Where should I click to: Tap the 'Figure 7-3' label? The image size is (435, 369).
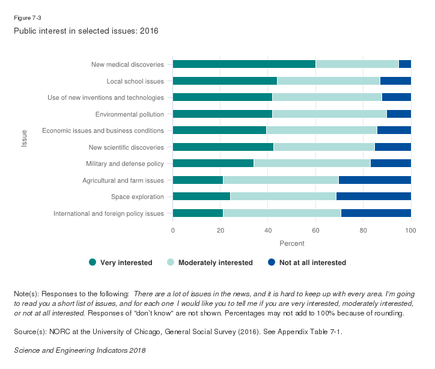tap(27, 17)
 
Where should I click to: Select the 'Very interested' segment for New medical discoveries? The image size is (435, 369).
tap(244, 64)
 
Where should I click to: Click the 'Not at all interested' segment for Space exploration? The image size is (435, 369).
tap(373, 197)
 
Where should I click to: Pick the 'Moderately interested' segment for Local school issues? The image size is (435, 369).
tap(329, 81)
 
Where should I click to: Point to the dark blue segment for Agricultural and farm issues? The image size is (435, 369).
tap(375, 180)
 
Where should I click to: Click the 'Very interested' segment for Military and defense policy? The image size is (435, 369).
tap(213, 163)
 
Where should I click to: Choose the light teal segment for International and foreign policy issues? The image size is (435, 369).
tap(282, 213)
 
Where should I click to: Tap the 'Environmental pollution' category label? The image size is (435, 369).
tap(129, 114)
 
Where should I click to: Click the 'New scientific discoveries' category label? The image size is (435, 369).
tap(126, 147)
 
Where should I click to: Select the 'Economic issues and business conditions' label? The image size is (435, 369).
tap(103, 130)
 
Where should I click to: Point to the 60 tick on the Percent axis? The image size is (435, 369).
tap(315, 230)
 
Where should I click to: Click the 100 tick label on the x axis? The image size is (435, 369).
tap(411, 230)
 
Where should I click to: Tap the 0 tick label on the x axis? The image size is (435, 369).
tap(173, 230)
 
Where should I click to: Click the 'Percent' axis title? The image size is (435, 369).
tap(292, 243)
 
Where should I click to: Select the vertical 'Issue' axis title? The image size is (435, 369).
tap(25, 139)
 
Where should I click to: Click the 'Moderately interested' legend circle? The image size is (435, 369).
tap(170, 262)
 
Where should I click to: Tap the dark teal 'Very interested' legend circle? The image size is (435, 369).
tap(93, 262)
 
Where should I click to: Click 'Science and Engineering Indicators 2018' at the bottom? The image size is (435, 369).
tap(79, 350)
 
